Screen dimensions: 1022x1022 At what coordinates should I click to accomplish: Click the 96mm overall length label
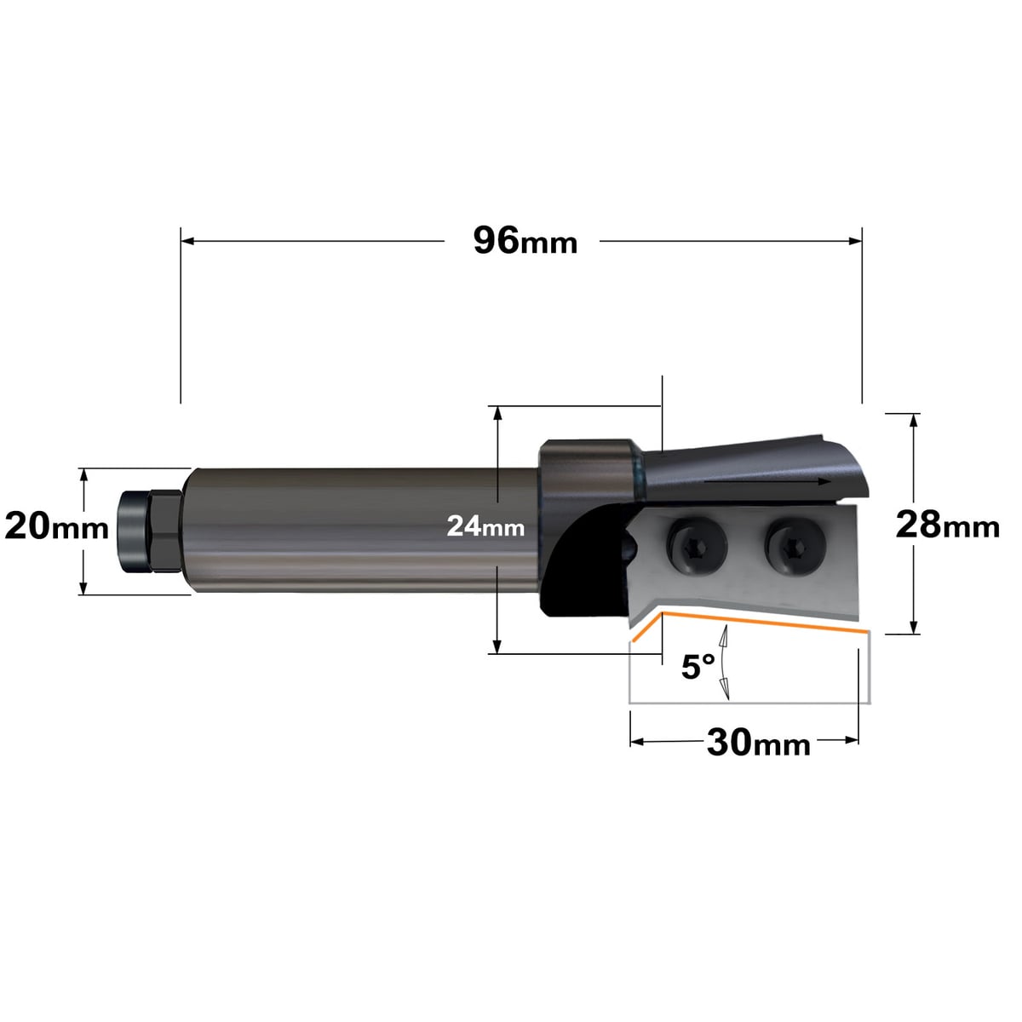[525, 241]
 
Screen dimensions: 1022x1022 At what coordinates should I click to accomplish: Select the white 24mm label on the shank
[485, 526]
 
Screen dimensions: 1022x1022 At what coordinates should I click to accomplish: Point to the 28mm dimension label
[947, 525]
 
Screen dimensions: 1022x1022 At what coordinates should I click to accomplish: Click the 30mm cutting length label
[759, 743]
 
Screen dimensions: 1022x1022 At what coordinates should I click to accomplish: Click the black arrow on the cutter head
[766, 481]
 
